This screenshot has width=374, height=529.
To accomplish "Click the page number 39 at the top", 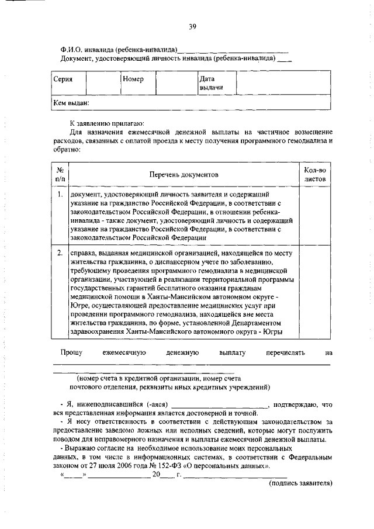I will (x=192, y=26).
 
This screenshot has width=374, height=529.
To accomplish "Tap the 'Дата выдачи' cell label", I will (x=209, y=83).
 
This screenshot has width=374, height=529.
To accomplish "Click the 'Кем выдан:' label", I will (x=71, y=102).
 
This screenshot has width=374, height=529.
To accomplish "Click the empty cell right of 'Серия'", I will (x=103, y=83).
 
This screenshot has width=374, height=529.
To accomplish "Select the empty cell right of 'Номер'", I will (x=175, y=83).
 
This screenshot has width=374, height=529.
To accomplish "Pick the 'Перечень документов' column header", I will (x=183, y=174).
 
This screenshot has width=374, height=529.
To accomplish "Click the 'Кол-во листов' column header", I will (x=315, y=174).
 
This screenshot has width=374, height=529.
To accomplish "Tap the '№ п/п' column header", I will (x=59, y=174).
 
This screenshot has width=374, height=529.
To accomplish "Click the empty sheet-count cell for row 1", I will (x=315, y=215).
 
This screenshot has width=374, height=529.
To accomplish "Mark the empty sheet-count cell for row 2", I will (x=315, y=292).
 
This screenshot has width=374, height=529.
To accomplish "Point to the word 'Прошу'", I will (x=71, y=352).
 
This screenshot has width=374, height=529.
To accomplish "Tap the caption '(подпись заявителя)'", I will (x=300, y=483).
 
